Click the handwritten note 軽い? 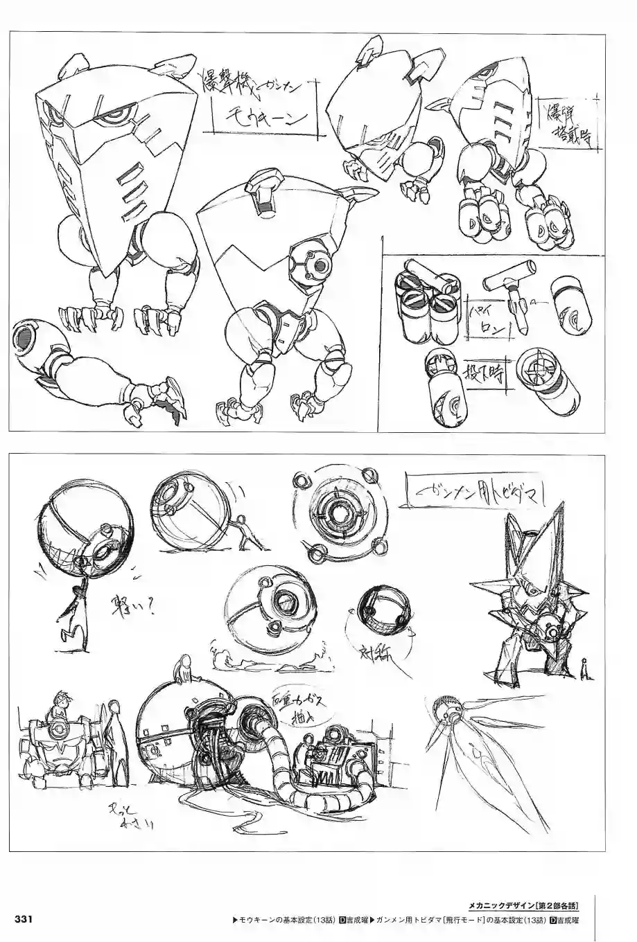[x=128, y=607]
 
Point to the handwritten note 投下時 [x=486, y=375]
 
